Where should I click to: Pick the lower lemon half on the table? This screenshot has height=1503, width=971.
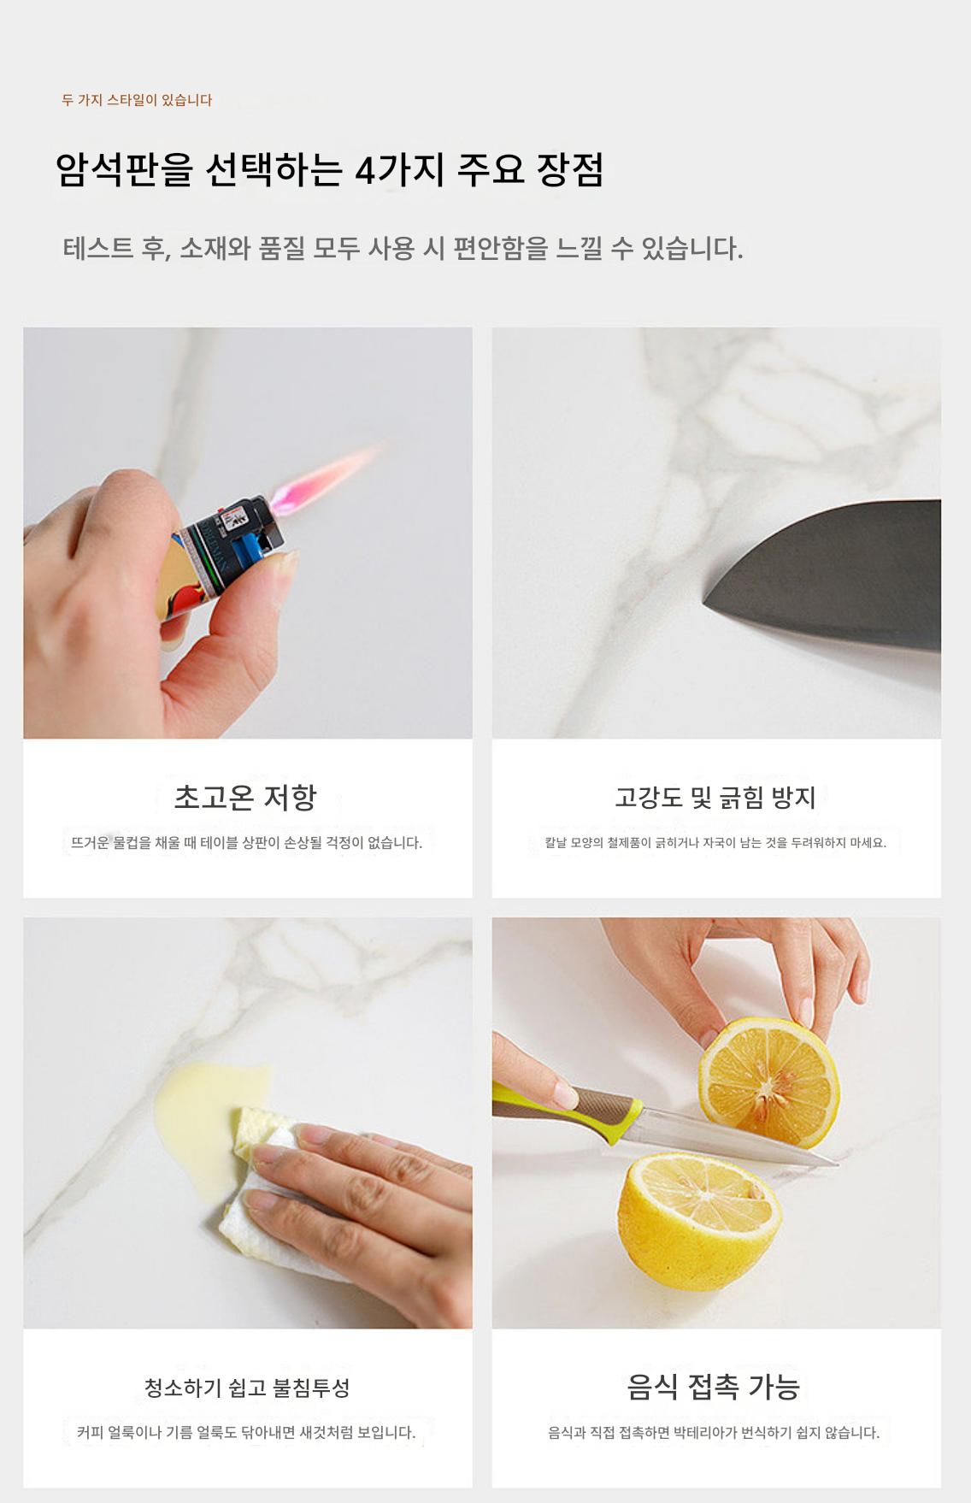pos(698,1219)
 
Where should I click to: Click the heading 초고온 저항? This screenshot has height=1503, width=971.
pos(245,797)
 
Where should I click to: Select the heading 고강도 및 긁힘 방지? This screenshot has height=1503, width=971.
pos(715,798)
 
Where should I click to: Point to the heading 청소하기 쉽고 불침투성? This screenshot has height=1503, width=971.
pos(247,1388)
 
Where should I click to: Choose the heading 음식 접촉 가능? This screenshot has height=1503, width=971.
pos(714,1387)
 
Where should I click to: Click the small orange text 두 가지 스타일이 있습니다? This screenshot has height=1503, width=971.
pos(137,100)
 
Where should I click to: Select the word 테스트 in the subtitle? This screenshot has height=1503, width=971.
pos(99,249)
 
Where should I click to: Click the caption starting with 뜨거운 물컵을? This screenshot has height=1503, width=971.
pos(247,843)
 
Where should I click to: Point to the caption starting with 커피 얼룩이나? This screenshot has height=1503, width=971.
pos(246,1432)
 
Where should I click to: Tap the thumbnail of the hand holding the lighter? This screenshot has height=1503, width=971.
pos(248,533)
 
